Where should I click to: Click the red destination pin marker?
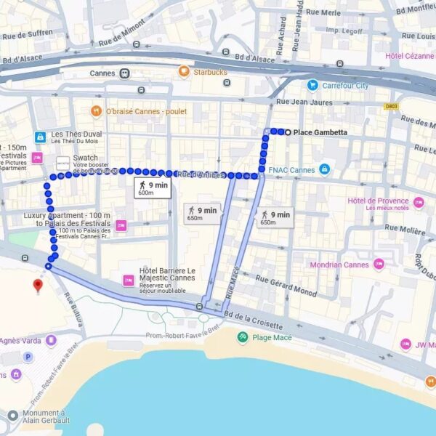tap(39, 285)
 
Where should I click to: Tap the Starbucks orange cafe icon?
tap(184, 72)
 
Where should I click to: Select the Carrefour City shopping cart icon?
tap(312, 86)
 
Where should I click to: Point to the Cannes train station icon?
tap(125, 73)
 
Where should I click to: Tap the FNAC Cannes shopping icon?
tap(325, 170)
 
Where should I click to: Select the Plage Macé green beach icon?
tap(243, 337)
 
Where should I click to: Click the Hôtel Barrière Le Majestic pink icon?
tap(128, 280)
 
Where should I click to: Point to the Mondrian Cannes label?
tap(340, 265)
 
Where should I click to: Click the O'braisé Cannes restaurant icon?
tap(96, 111)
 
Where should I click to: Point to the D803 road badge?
tap(392, 106)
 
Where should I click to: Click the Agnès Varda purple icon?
tap(50, 340)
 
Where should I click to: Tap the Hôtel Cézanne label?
tap(409, 56)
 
